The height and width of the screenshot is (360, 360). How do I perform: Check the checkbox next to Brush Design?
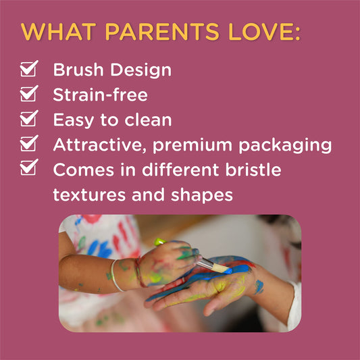(x=28, y=69)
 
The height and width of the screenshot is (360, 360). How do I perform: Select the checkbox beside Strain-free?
(x=28, y=94)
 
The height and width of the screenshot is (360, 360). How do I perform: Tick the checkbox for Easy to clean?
(x=28, y=119)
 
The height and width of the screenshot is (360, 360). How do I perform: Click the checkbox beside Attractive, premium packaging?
(x=28, y=144)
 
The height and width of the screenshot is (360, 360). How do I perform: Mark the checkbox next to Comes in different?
(x=28, y=168)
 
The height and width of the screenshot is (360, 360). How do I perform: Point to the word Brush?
(x=78, y=70)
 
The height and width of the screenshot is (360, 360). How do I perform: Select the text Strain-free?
(x=99, y=95)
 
